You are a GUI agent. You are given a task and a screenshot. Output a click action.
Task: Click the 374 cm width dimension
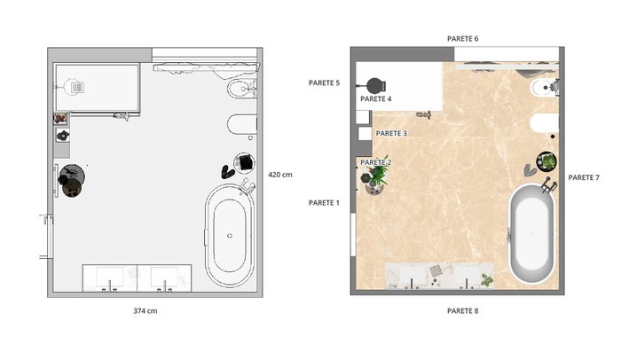click(145, 311)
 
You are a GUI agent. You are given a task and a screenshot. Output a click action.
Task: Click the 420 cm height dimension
click(280, 175)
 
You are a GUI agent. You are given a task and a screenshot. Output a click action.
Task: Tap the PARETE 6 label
click(462, 39)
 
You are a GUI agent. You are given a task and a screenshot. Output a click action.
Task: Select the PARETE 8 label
click(462, 311)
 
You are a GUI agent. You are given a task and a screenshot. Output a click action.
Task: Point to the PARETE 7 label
click(584, 177)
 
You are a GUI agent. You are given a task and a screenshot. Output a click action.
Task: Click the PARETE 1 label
click(324, 203)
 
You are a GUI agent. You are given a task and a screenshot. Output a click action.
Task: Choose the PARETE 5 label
click(324, 82)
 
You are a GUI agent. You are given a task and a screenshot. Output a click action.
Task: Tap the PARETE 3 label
click(391, 134)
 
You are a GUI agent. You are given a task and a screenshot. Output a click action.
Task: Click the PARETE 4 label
click(376, 99)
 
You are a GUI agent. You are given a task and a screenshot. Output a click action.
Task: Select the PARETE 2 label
click(376, 162)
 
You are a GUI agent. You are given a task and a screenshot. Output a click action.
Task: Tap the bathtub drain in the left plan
click(230, 236)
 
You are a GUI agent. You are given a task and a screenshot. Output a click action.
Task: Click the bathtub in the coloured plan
click(531, 234)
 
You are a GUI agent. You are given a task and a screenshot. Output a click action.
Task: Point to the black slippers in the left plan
click(228, 172)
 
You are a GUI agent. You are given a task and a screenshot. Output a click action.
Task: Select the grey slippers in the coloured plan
click(530, 170)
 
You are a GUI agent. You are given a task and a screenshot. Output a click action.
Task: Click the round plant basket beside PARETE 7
click(546, 161)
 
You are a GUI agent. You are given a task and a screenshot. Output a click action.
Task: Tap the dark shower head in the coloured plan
click(374, 85)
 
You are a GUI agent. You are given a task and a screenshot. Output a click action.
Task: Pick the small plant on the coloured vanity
click(487, 279)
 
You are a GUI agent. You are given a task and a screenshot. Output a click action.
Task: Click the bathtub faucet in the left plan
click(247, 186)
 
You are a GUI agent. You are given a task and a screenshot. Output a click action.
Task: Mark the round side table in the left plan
click(72, 176)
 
